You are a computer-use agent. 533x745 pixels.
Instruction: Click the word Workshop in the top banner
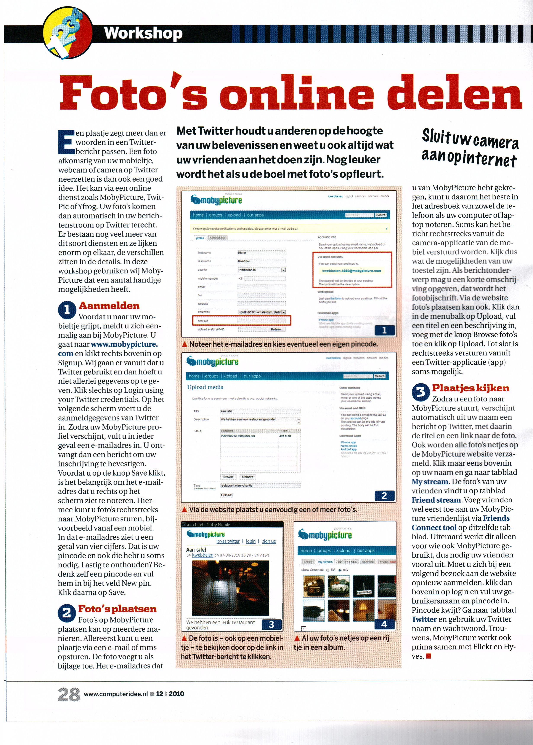pyautogui.click(x=143, y=33)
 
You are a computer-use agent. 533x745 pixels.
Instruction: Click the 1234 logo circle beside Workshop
pyautogui.click(x=67, y=33)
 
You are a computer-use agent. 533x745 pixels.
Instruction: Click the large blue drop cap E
pyautogui.click(x=66, y=142)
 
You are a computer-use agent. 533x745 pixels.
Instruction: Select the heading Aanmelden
pyautogui.click(x=109, y=306)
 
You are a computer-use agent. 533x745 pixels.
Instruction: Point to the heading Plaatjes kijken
pyautogui.click(x=470, y=388)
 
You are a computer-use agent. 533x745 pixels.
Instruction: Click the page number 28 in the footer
pyautogui.click(x=69, y=694)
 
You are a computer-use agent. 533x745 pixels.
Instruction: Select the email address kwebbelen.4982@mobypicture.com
pyautogui.click(x=352, y=271)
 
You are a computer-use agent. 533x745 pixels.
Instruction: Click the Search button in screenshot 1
pyautogui.click(x=381, y=215)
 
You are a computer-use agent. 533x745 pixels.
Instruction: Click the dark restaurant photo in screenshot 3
pyautogui.click(x=230, y=588)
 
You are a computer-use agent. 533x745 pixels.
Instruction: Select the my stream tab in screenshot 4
pyautogui.click(x=325, y=562)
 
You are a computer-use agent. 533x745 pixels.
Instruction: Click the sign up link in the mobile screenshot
pyautogui.click(x=269, y=541)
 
